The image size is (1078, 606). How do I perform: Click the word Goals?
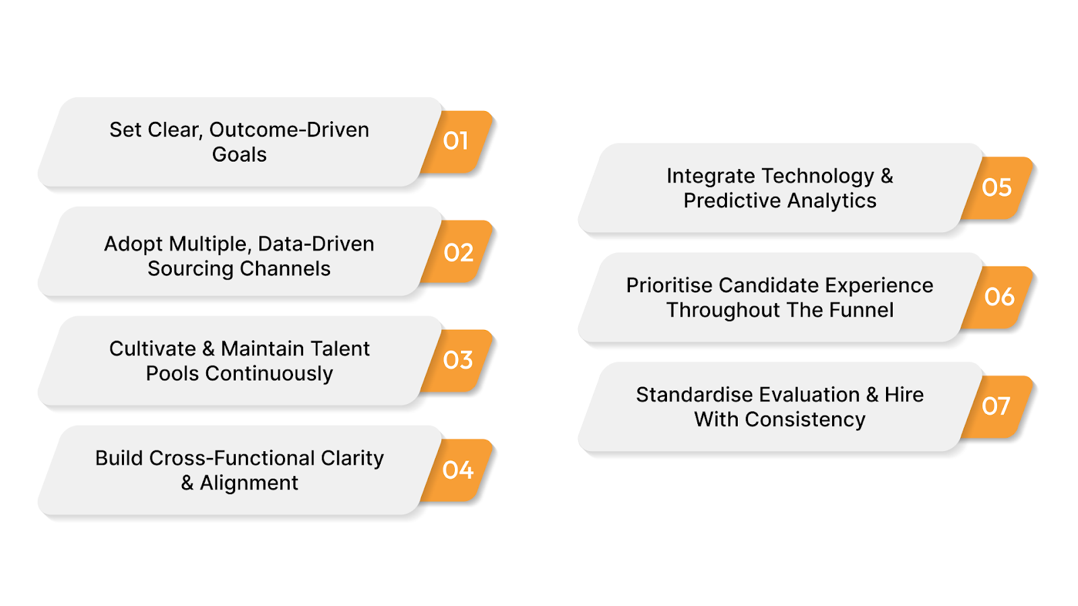[239, 155]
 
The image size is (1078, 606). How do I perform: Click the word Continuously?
[269, 374]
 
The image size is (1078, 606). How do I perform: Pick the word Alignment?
[249, 483]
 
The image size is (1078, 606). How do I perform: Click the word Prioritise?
[669, 285]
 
